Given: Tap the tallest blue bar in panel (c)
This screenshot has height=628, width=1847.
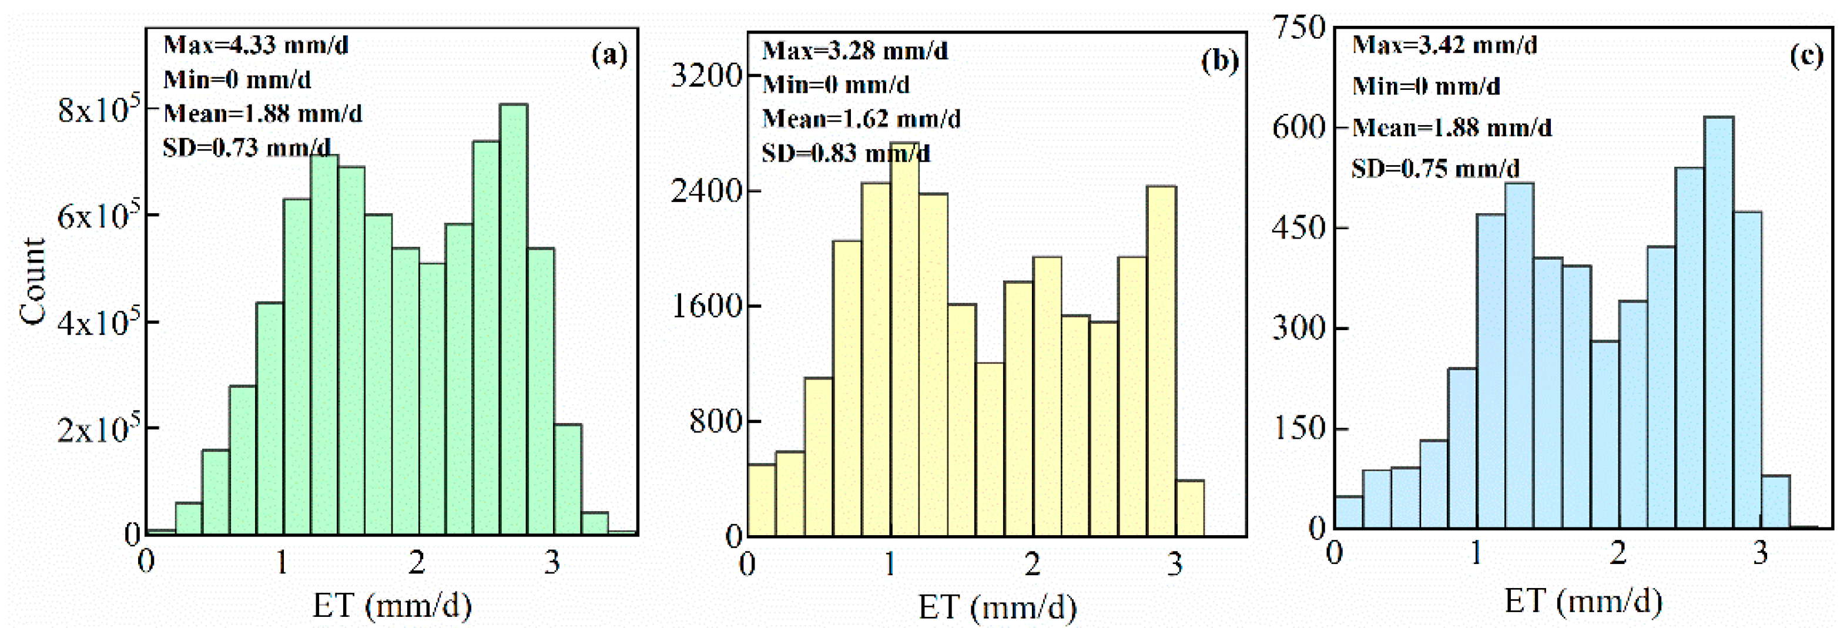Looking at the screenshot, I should tap(1719, 323).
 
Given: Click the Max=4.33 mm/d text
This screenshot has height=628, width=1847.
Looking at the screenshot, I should tap(256, 45).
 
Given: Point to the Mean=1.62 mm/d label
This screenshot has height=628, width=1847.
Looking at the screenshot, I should tap(860, 118).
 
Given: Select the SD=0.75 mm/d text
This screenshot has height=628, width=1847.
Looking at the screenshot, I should tap(1436, 169).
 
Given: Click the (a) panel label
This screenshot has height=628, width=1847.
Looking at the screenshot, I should tap(609, 55).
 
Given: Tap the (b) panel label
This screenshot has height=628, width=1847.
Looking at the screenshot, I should tap(1219, 61).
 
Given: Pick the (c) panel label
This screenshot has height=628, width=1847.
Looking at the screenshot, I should tap(1806, 55).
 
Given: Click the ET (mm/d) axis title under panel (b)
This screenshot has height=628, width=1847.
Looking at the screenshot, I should tap(997, 607).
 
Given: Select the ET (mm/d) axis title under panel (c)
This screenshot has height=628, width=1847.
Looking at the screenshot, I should tap(1583, 601).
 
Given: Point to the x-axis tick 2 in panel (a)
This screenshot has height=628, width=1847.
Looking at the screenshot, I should tap(417, 563).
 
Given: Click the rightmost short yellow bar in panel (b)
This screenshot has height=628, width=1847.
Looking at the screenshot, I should tap(1189, 508).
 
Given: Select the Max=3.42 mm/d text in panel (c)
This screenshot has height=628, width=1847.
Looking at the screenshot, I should tap(1444, 45).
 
